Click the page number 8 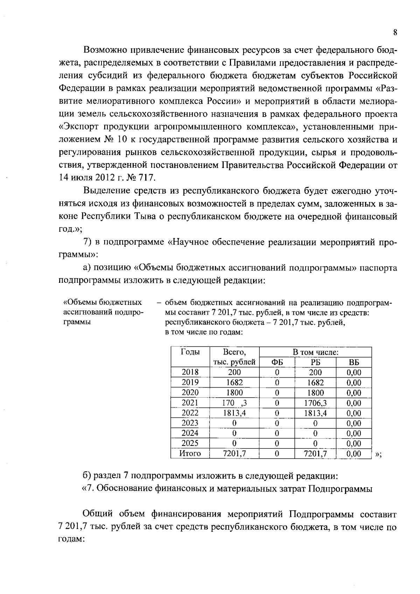(x=395, y=33)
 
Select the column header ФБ (x=277, y=362)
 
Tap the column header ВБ (x=353, y=362)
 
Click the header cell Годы (x=190, y=352)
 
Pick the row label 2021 (x=190, y=403)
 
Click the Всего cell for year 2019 (x=234, y=383)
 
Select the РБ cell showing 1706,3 (x=315, y=403)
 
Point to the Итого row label (x=190, y=454)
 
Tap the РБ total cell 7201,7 (x=315, y=454)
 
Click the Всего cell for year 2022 (x=234, y=413)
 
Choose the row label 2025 (x=190, y=443)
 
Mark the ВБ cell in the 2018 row (x=353, y=372)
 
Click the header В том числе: (x=315, y=352)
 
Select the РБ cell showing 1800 (x=315, y=393)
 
